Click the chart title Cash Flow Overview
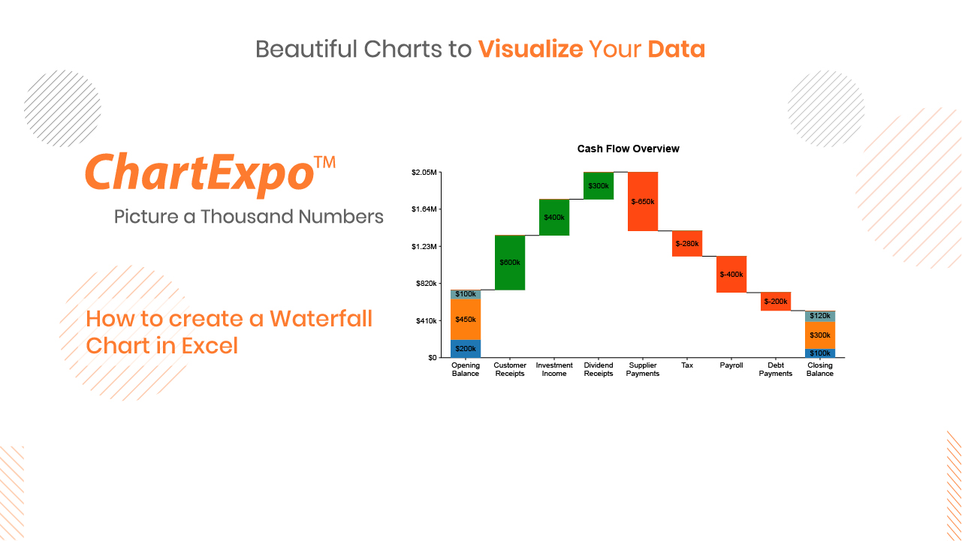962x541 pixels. pyautogui.click(x=628, y=149)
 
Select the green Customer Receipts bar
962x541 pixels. pyautogui.click(x=510, y=263)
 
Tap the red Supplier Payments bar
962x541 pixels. pyautogui.click(x=643, y=202)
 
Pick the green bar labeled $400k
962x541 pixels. pyautogui.click(x=554, y=217)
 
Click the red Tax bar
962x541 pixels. pyautogui.click(x=687, y=244)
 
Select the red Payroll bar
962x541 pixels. pyautogui.click(x=731, y=275)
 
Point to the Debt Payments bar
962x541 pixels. pyautogui.click(x=776, y=302)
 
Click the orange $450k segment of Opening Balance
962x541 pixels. pyautogui.click(x=466, y=320)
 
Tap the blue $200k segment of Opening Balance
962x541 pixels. pyautogui.click(x=466, y=349)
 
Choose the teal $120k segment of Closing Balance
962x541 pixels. pyautogui.click(x=820, y=316)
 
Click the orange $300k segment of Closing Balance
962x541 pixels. pyautogui.click(x=820, y=335)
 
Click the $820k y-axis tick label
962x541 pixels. pyautogui.click(x=426, y=284)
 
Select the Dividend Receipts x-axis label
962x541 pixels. pyautogui.click(x=599, y=369)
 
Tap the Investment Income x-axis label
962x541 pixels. pyautogui.click(x=554, y=369)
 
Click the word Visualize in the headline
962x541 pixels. pyautogui.click(x=530, y=49)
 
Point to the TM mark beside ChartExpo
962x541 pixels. pyautogui.click(x=324, y=162)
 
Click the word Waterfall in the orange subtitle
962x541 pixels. pyautogui.click(x=321, y=319)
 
